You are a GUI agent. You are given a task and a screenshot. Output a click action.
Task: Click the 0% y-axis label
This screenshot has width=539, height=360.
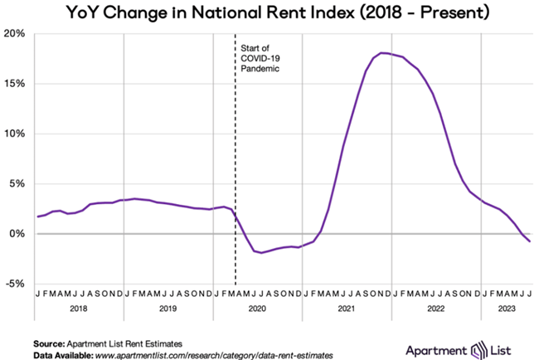coord(21,234)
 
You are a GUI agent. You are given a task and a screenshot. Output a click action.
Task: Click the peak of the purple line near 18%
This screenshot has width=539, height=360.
coord(383,53)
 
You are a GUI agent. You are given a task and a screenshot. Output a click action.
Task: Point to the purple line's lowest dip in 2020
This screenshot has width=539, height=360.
coord(263,252)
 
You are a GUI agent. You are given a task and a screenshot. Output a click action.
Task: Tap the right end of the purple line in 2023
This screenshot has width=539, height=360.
coord(530,241)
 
